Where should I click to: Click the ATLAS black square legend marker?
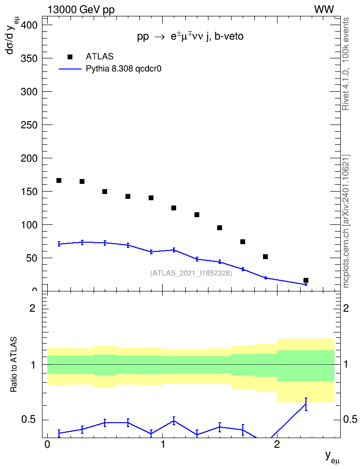[x=69, y=56]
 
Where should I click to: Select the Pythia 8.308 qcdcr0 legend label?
[x=124, y=69]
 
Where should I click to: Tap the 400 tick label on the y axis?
[x=29, y=25]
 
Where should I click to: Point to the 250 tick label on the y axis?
[x=29, y=125]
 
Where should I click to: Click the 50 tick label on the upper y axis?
[x=32, y=258]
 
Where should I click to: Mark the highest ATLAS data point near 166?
[x=59, y=180]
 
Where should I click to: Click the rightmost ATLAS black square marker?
[x=306, y=280]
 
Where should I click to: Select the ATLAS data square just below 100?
[x=220, y=228]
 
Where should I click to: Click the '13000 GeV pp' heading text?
[x=81, y=10]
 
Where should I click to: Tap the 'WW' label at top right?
[x=324, y=10]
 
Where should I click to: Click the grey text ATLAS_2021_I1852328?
[x=191, y=273]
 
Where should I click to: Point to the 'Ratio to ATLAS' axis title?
[x=14, y=365]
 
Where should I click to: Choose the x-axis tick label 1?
[x=163, y=444]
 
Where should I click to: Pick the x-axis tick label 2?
[x=277, y=444]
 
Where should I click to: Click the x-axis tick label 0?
[x=47, y=444]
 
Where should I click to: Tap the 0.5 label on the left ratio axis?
[x=28, y=420]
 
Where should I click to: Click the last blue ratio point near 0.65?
[x=306, y=404]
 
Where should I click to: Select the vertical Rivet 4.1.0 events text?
[x=346, y=64]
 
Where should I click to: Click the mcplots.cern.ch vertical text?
[x=346, y=221]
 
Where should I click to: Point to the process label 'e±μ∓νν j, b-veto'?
[x=207, y=36]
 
